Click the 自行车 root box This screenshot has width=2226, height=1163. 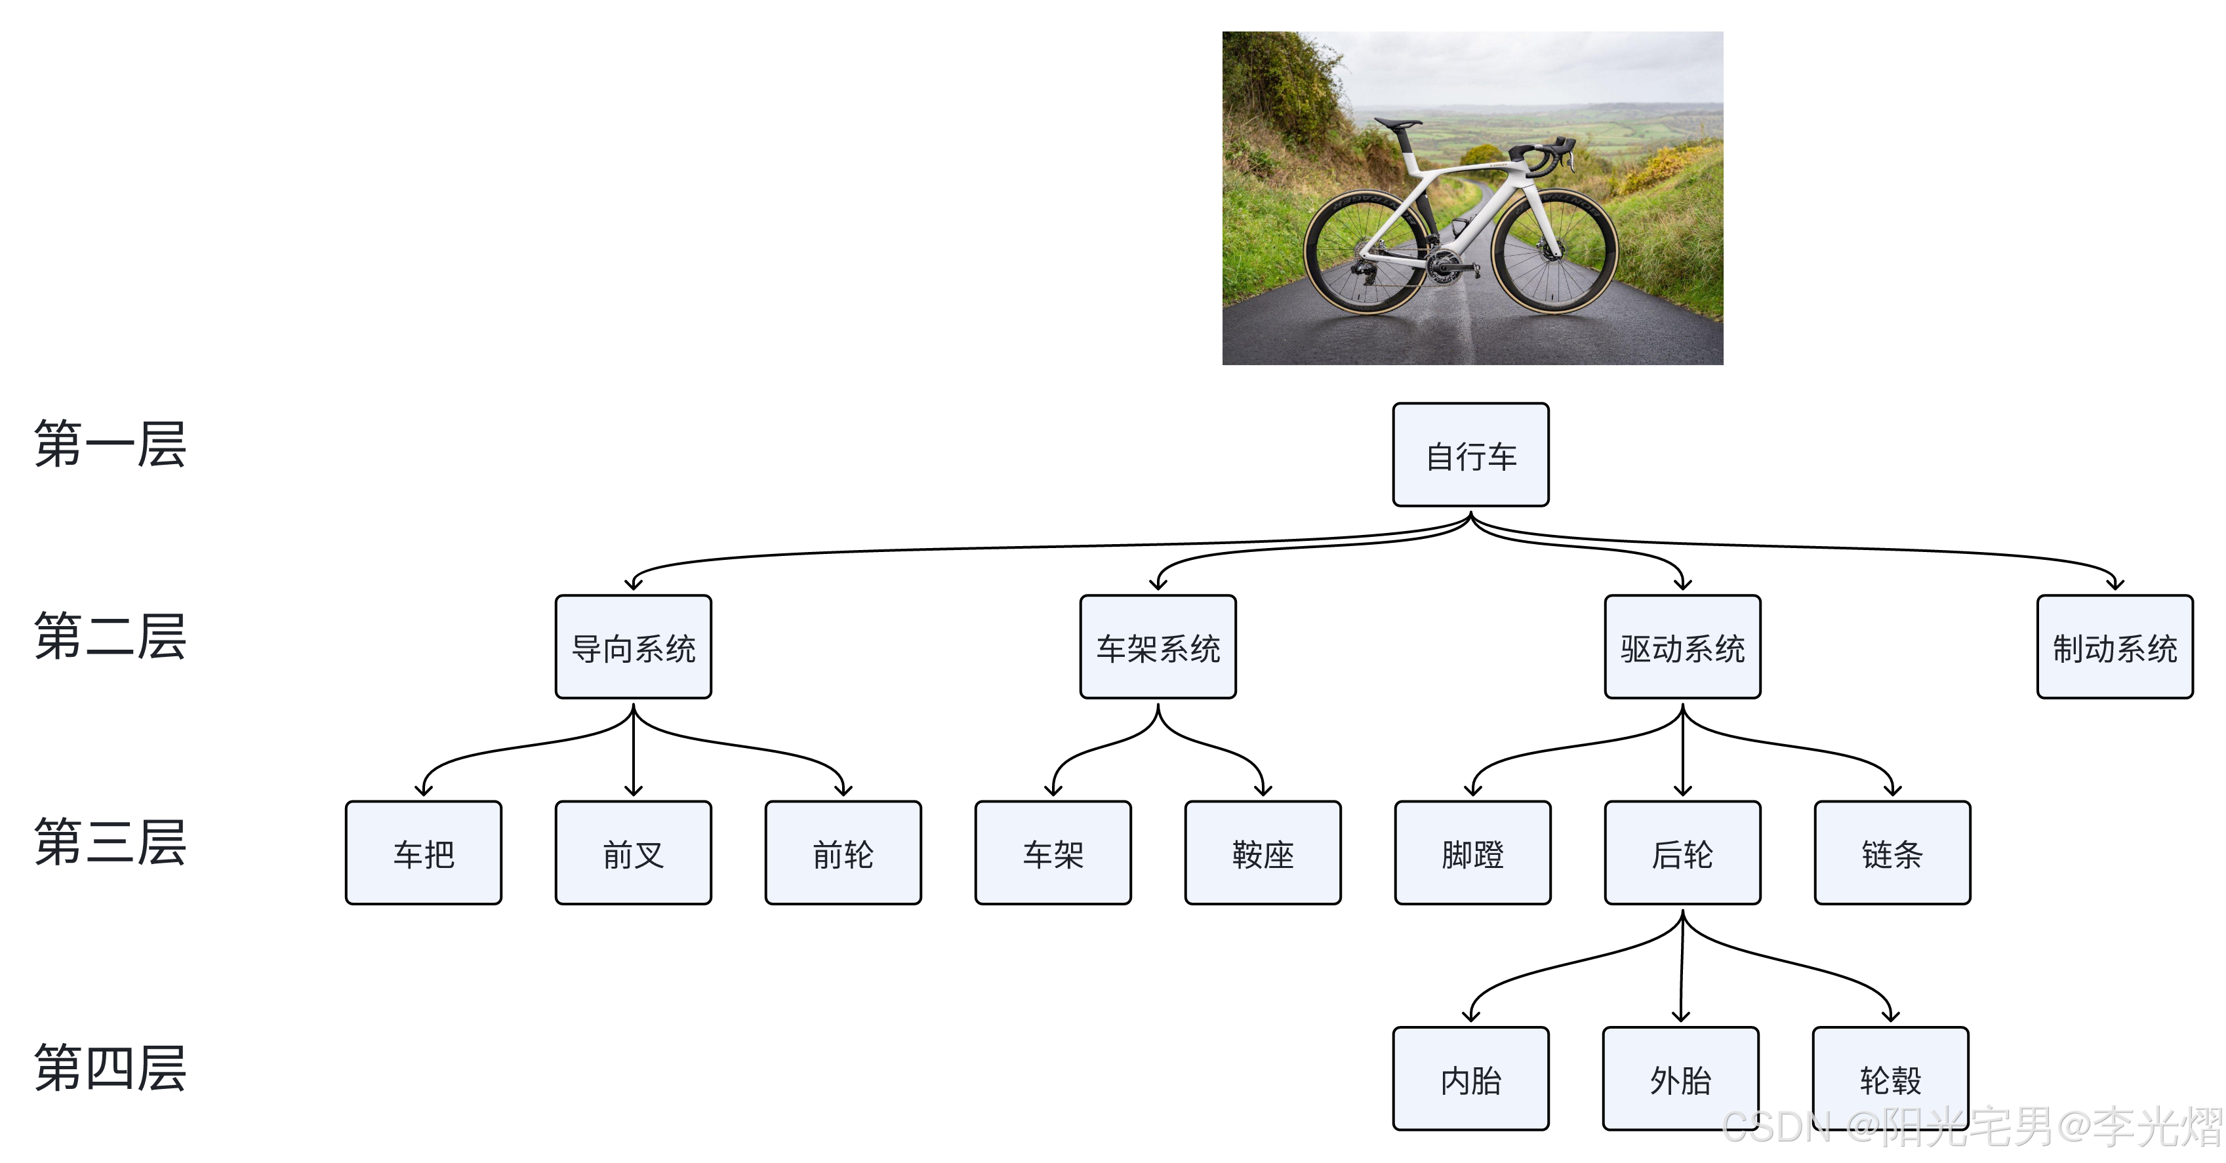pos(1470,454)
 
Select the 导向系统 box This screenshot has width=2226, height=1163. pos(634,646)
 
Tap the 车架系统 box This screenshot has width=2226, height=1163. pos(1158,646)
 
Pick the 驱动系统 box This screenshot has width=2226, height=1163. pos(1682,646)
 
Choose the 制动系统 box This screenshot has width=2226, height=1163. pos(2114,646)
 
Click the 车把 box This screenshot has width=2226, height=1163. pos(424,853)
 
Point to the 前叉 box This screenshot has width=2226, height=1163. pos(634,853)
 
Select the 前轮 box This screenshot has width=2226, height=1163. pos(843,853)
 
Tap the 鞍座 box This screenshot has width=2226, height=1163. pos(1263,853)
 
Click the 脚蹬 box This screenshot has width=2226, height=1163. pos(1472,853)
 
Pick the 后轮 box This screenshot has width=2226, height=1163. pos(1682,853)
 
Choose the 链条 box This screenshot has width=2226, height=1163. pos(1892,853)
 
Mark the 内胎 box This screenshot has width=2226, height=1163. pos(1470,1078)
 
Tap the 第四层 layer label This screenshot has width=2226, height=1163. pos(110,1068)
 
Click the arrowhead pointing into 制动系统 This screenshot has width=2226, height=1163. pos(2114,584)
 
